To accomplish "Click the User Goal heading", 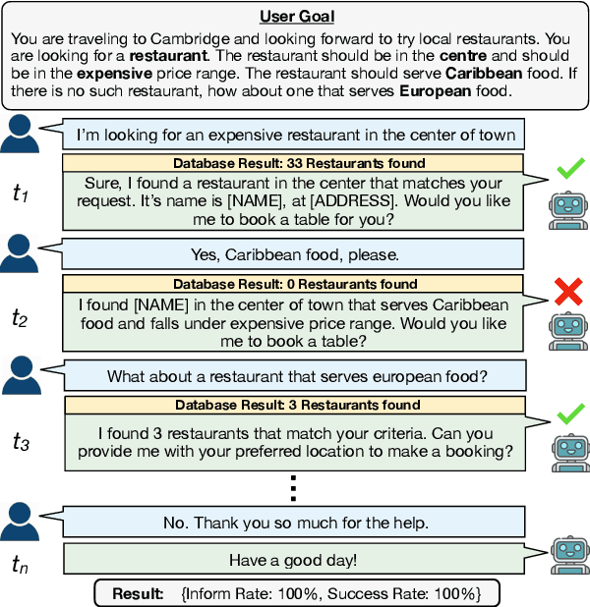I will tap(295, 17).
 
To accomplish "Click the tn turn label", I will tap(21, 563).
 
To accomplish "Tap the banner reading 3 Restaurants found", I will tap(298, 405).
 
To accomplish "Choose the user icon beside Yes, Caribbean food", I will tap(26, 254).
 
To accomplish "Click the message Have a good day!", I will tap(294, 560).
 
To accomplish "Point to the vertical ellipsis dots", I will tap(294, 487).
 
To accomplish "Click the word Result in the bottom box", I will tap(137, 593).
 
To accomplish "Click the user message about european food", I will tap(297, 375).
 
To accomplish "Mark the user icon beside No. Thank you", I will tap(26, 521).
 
